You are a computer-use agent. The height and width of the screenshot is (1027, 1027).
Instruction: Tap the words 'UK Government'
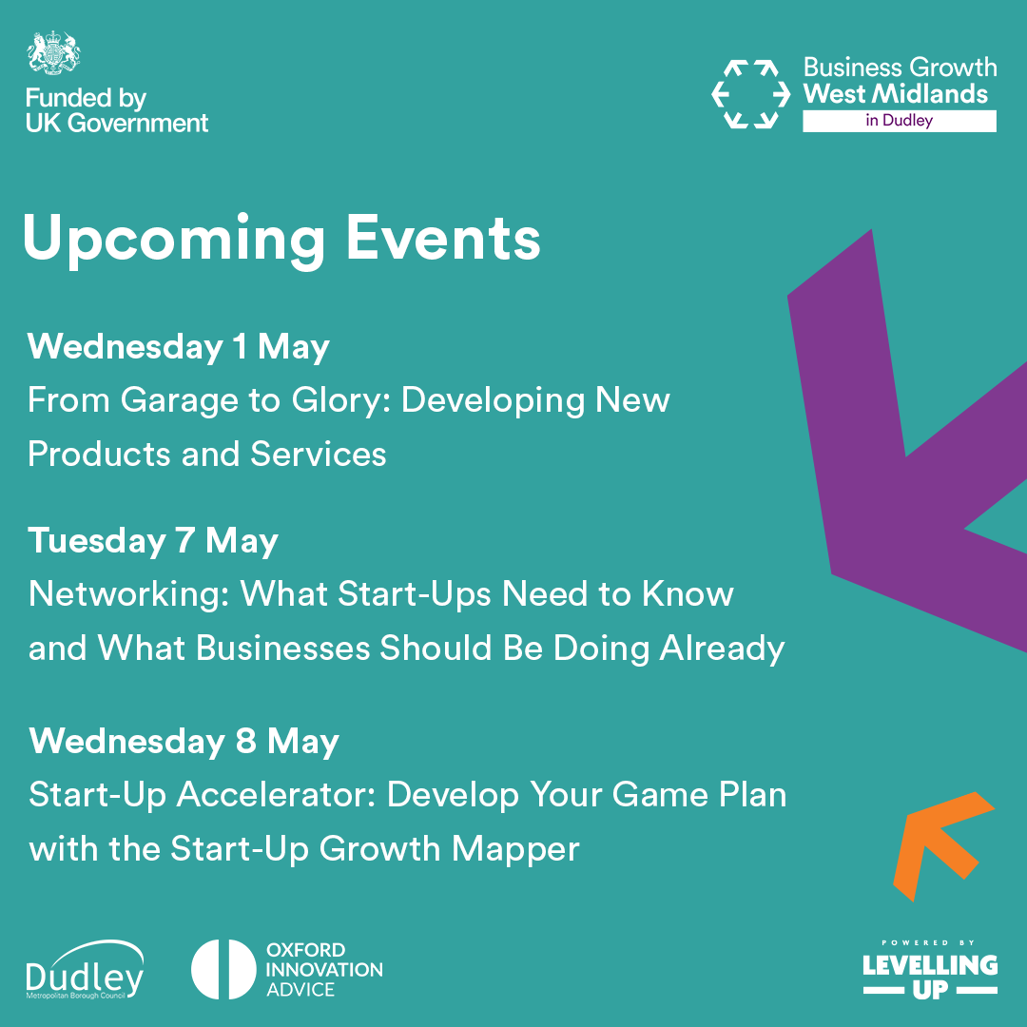117,123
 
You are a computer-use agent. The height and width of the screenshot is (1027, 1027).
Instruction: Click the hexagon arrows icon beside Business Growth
750,94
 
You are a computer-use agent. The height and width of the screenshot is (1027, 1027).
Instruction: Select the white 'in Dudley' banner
899,121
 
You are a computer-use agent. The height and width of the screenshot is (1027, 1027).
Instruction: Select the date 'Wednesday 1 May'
179,347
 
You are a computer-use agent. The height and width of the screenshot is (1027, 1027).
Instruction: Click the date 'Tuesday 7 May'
153,540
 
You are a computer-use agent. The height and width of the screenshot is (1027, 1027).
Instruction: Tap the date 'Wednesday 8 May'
184,741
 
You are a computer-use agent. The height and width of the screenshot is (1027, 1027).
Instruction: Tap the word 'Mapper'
520,847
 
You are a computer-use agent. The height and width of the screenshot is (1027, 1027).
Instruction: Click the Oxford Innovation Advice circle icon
224,970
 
